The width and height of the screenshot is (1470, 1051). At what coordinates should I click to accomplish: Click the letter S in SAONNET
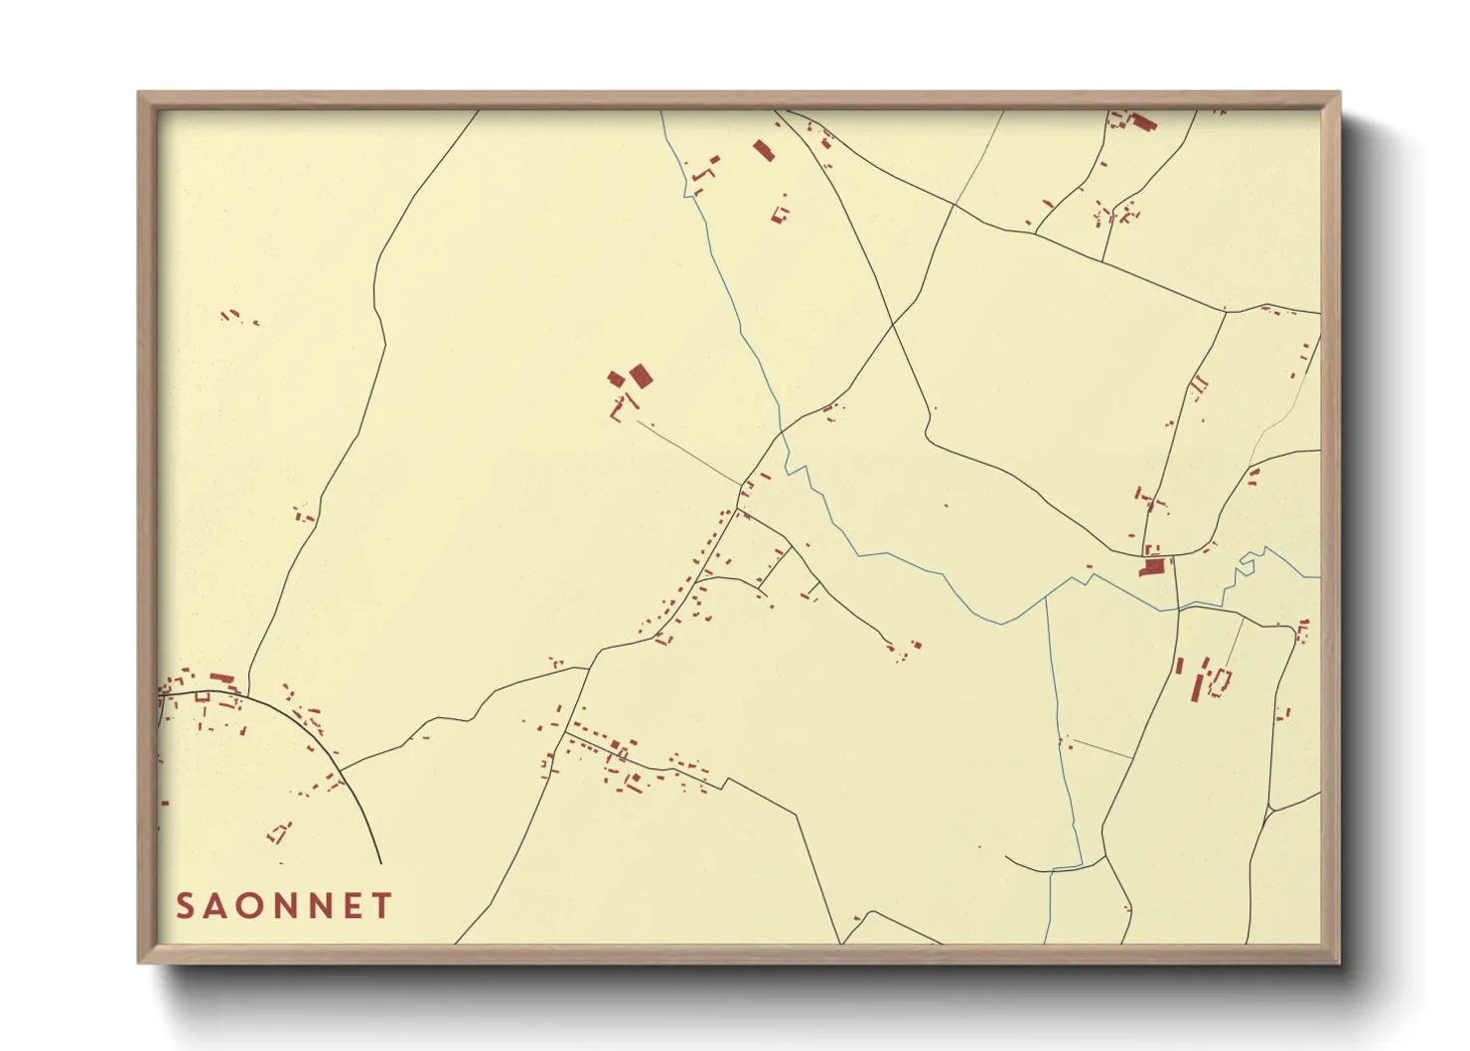click(185, 906)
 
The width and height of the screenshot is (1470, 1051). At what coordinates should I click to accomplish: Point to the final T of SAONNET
click(382, 906)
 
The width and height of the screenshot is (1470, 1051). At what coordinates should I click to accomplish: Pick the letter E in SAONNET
click(353, 906)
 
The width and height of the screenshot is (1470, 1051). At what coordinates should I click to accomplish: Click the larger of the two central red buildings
click(641, 375)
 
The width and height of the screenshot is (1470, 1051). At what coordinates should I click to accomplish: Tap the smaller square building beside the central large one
click(616, 378)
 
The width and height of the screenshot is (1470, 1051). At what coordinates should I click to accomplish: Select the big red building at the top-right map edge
click(1143, 123)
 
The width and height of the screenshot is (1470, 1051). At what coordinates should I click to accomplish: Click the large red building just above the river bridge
click(1153, 567)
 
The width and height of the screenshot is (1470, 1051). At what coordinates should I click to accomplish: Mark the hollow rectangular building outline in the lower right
click(1221, 681)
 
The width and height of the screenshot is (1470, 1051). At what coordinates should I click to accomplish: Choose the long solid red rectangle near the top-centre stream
click(763, 150)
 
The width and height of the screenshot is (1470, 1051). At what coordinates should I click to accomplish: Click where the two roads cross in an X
click(892, 324)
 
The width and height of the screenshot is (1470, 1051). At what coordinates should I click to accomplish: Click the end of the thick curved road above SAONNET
click(379, 862)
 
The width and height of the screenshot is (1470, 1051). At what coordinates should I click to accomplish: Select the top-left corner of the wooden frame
click(139, 93)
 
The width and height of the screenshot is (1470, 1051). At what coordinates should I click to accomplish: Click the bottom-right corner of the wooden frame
click(1339, 962)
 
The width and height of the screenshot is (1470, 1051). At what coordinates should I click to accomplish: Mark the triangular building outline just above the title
click(280, 831)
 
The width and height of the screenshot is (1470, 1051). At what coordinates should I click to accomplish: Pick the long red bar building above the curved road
click(221, 678)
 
